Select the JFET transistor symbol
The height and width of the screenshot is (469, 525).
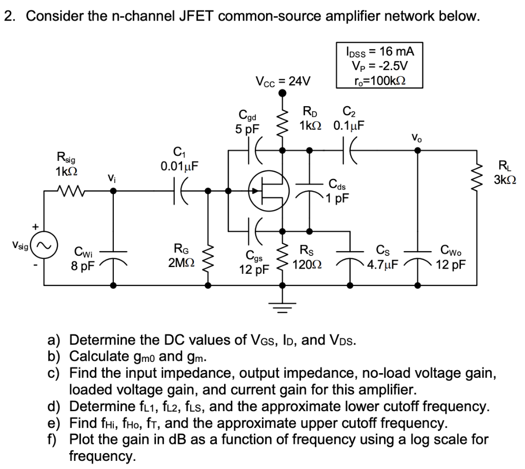[266, 191]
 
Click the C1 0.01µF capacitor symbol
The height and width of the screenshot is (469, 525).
[180, 191]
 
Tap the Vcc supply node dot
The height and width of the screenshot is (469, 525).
[282, 93]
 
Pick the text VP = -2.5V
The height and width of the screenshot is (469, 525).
[379, 66]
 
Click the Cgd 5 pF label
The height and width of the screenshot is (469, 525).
[248, 121]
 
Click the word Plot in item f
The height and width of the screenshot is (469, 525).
[85, 439]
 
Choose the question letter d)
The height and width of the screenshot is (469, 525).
[54, 407]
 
